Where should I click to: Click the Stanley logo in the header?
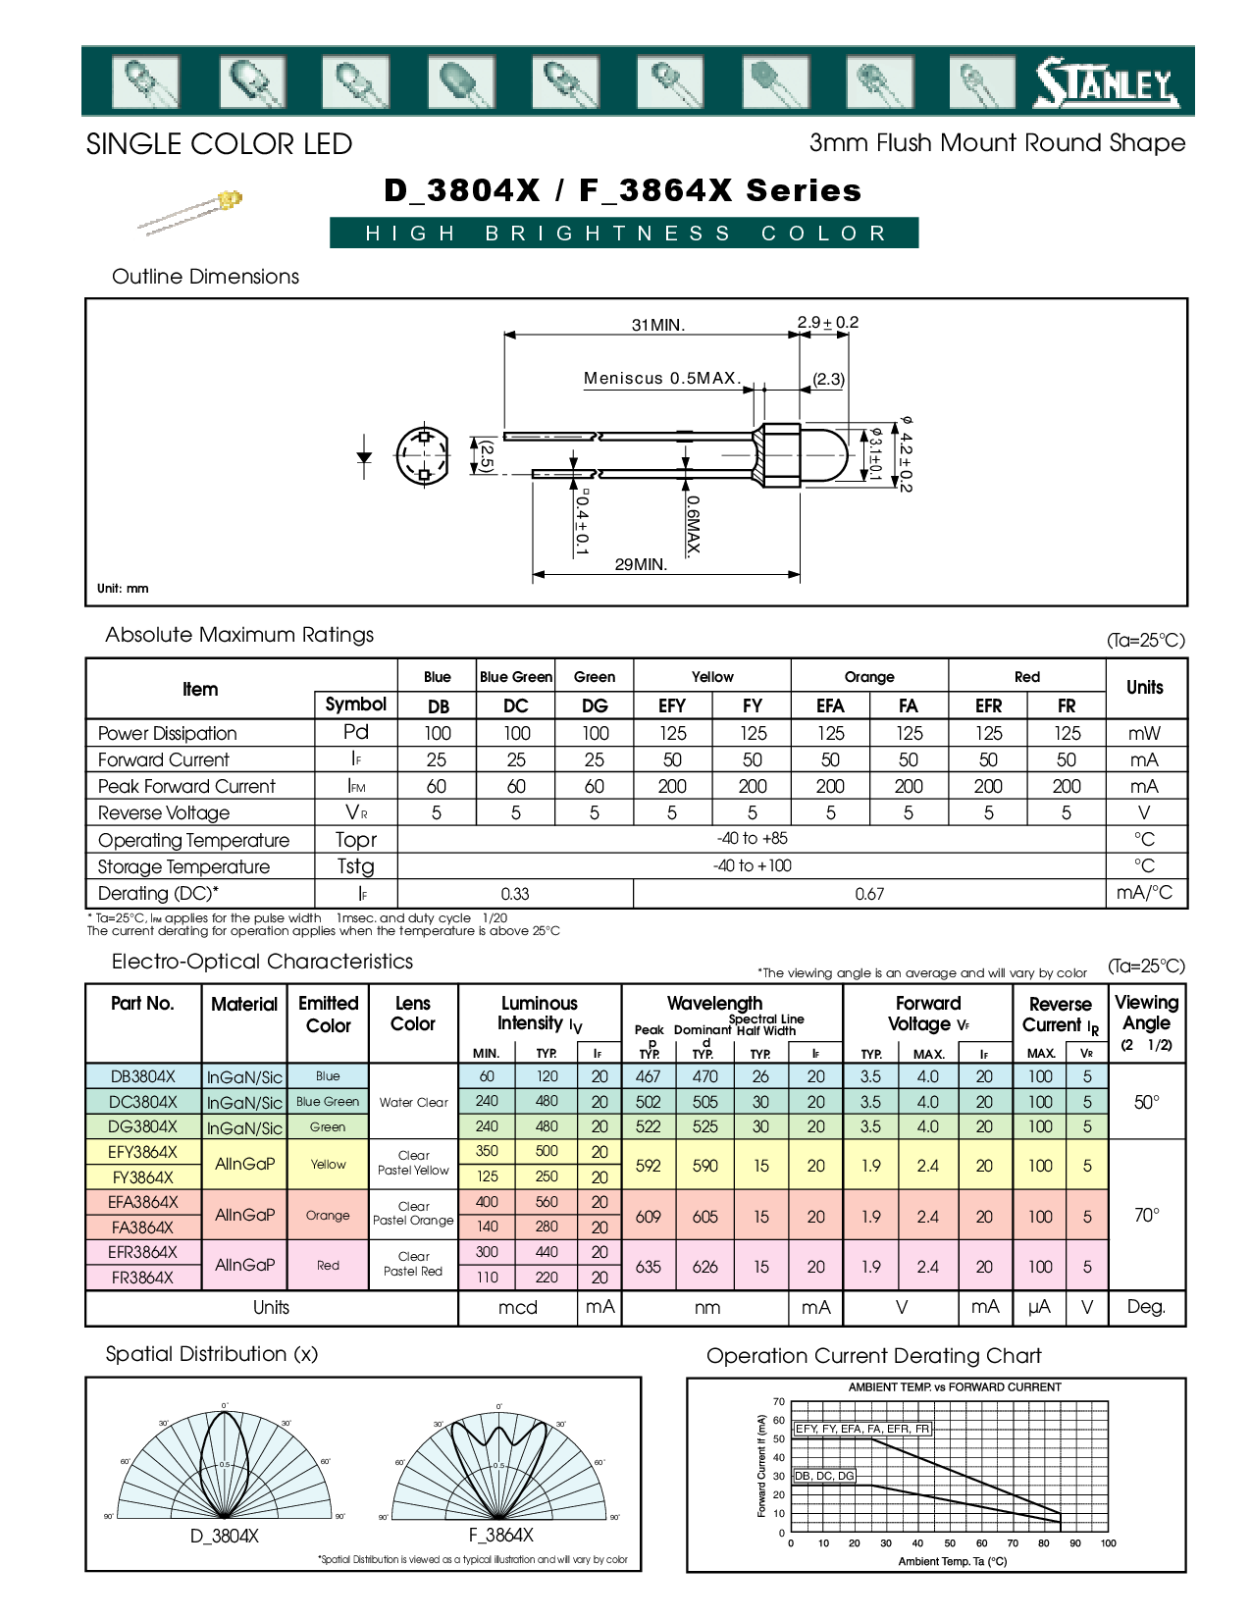point(1106,83)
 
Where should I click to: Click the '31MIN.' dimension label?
point(657,325)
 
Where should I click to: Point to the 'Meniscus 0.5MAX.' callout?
point(661,378)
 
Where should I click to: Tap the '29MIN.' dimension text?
point(641,564)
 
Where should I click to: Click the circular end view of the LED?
point(423,455)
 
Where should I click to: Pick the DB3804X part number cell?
point(143,1076)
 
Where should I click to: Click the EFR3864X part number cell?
point(143,1252)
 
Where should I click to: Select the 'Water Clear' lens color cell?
point(413,1102)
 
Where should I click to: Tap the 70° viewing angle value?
point(1146,1215)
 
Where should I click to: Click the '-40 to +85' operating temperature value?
point(752,839)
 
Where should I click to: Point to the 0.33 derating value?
point(515,894)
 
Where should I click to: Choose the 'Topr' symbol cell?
point(355,840)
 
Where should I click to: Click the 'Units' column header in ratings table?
point(1144,687)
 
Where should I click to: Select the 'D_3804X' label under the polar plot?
point(225,1536)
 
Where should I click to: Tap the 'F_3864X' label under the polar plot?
point(500,1536)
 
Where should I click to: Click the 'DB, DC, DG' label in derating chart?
point(824,1476)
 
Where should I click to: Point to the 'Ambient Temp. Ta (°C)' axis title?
point(952,1561)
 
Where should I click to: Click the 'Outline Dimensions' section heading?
point(205,277)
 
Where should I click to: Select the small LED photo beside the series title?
point(191,212)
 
